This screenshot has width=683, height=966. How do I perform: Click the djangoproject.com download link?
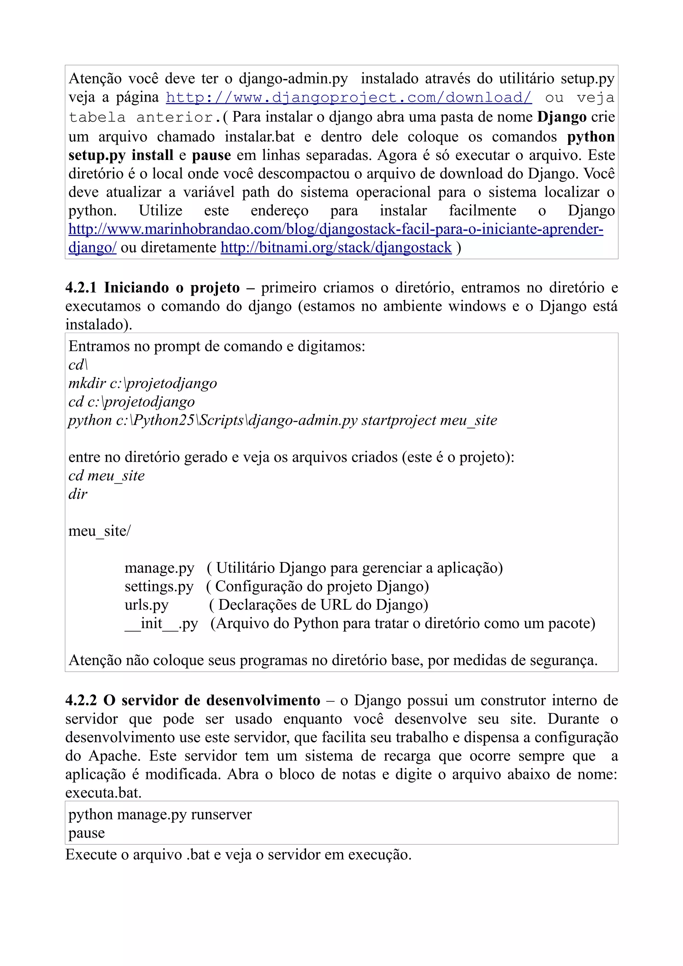pos(349,98)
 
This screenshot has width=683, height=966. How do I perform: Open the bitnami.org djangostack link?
pos(336,247)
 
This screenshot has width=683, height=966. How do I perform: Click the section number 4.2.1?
pos(81,288)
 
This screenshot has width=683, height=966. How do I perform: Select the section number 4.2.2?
pos(81,700)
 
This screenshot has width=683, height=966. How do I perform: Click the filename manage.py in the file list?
pos(159,568)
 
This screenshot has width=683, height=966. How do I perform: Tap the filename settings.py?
pos(159,587)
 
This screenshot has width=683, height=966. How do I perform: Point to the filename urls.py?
pos(146,605)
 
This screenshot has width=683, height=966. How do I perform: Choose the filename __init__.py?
pos(161,624)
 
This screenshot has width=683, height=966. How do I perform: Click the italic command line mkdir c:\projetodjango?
pos(143,383)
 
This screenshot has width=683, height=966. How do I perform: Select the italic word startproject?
pos(399,420)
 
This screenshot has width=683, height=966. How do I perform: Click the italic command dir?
pos(78,494)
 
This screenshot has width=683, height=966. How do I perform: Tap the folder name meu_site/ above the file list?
pos(99,531)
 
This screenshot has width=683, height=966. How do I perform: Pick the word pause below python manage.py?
pos(87,833)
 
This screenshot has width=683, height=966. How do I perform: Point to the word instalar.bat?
pos(260,137)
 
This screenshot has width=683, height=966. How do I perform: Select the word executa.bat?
pos(103,793)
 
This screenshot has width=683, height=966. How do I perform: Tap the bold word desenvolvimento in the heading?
pos(263,700)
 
